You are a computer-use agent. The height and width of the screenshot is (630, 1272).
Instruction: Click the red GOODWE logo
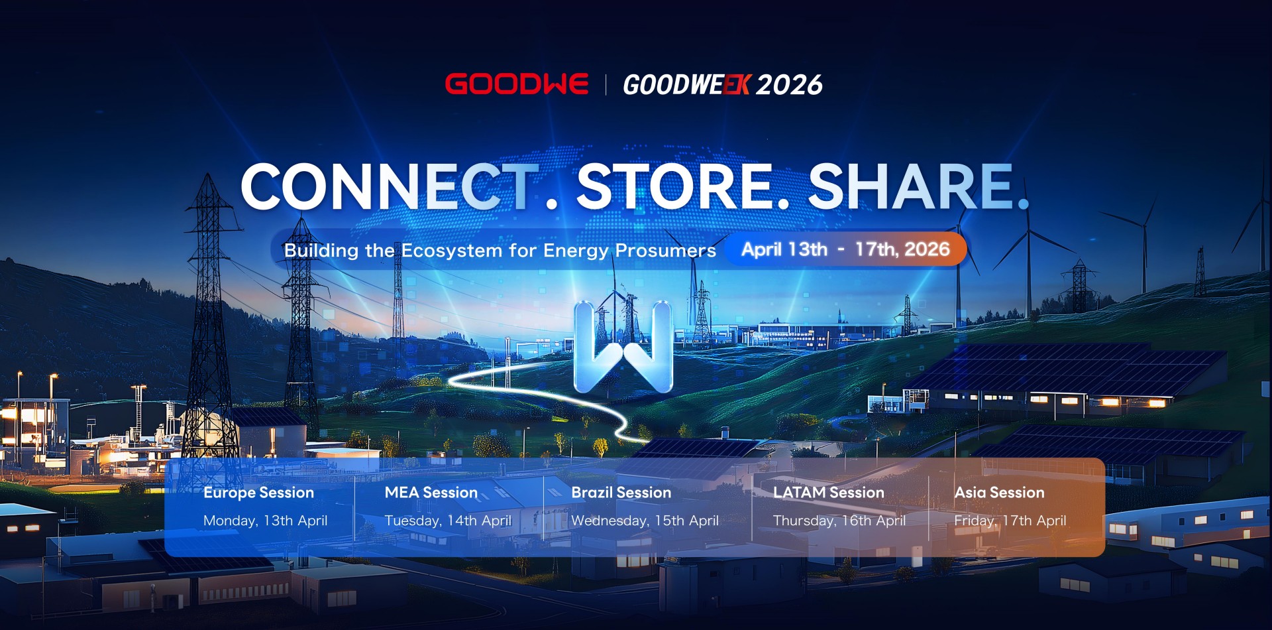[516, 84]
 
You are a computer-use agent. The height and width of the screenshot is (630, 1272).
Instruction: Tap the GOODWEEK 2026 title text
[723, 85]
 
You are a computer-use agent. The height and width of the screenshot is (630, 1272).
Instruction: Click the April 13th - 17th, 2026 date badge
[846, 249]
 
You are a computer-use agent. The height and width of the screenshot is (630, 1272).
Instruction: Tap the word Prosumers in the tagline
[666, 251]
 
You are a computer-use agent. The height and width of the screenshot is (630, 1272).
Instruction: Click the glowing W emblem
[623, 347]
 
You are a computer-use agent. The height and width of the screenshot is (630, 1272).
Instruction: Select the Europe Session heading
[258, 493]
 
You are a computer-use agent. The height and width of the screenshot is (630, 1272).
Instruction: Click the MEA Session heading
[431, 493]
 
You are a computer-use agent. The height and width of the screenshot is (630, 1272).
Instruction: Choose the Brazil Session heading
[621, 493]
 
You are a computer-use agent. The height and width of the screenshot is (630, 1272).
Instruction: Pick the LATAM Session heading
[829, 493]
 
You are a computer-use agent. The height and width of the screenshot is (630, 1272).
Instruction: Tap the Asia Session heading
[999, 493]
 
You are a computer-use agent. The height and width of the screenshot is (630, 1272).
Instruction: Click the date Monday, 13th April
[266, 521]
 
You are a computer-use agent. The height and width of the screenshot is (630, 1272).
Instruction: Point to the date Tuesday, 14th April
[449, 521]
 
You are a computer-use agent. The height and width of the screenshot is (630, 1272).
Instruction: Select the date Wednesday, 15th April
[645, 521]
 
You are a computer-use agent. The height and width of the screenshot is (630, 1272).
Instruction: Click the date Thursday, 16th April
[839, 521]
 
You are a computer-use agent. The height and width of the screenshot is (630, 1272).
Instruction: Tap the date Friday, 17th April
[1010, 521]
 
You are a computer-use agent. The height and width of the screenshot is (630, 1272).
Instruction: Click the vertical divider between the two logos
[606, 85]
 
